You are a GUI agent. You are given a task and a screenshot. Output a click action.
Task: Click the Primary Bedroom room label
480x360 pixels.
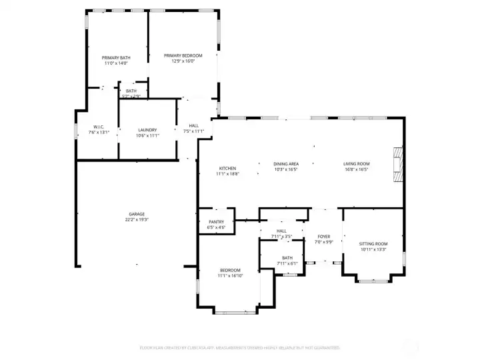(183, 55)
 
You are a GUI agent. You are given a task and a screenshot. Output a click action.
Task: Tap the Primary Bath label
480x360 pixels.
(116, 58)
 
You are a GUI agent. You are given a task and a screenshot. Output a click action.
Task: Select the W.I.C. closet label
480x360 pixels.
(97, 127)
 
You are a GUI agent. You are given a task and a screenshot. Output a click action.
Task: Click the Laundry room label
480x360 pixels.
(147, 130)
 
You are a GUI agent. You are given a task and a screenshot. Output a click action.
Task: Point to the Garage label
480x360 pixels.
(137, 214)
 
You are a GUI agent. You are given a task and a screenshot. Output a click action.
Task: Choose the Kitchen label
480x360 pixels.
(227, 168)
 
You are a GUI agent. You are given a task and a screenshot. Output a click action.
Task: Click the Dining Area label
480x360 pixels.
(285, 163)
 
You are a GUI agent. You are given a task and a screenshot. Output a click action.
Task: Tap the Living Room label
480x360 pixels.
(356, 163)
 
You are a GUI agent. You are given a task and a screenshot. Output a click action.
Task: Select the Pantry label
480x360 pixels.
(217, 222)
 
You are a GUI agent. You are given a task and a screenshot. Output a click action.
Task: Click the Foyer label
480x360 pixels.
(323, 236)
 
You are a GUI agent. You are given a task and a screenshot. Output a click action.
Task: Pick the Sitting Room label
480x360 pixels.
(373, 244)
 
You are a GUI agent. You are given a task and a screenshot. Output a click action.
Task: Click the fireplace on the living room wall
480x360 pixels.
(398, 163)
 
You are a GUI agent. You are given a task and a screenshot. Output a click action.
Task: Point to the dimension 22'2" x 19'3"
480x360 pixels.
(137, 219)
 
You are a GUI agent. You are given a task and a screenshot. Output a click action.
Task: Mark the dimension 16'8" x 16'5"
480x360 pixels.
(356, 169)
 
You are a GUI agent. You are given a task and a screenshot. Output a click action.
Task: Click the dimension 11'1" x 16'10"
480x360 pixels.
(230, 275)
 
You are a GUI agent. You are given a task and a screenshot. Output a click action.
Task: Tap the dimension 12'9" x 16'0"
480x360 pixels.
(183, 61)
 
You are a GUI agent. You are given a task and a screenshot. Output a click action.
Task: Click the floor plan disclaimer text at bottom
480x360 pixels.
(239, 347)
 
